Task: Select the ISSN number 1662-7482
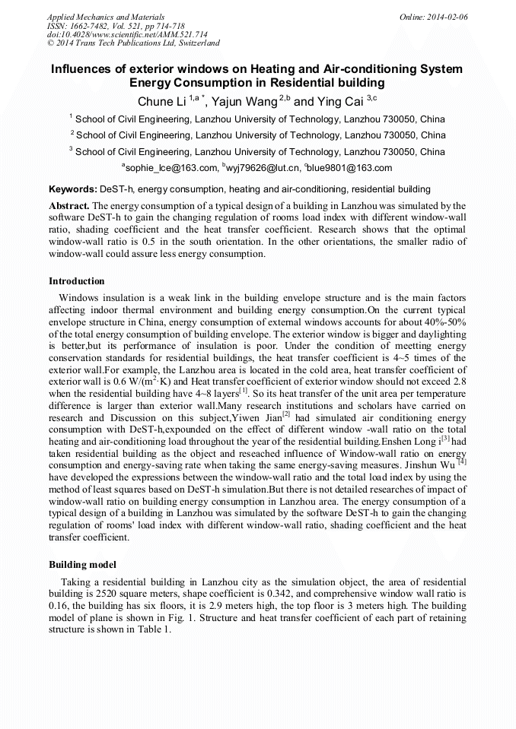(94, 26)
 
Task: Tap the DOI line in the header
(127, 35)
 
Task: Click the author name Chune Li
(162, 102)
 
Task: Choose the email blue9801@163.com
(350, 168)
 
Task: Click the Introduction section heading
(77, 281)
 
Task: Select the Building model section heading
(82, 565)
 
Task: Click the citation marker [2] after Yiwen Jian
(286, 414)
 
